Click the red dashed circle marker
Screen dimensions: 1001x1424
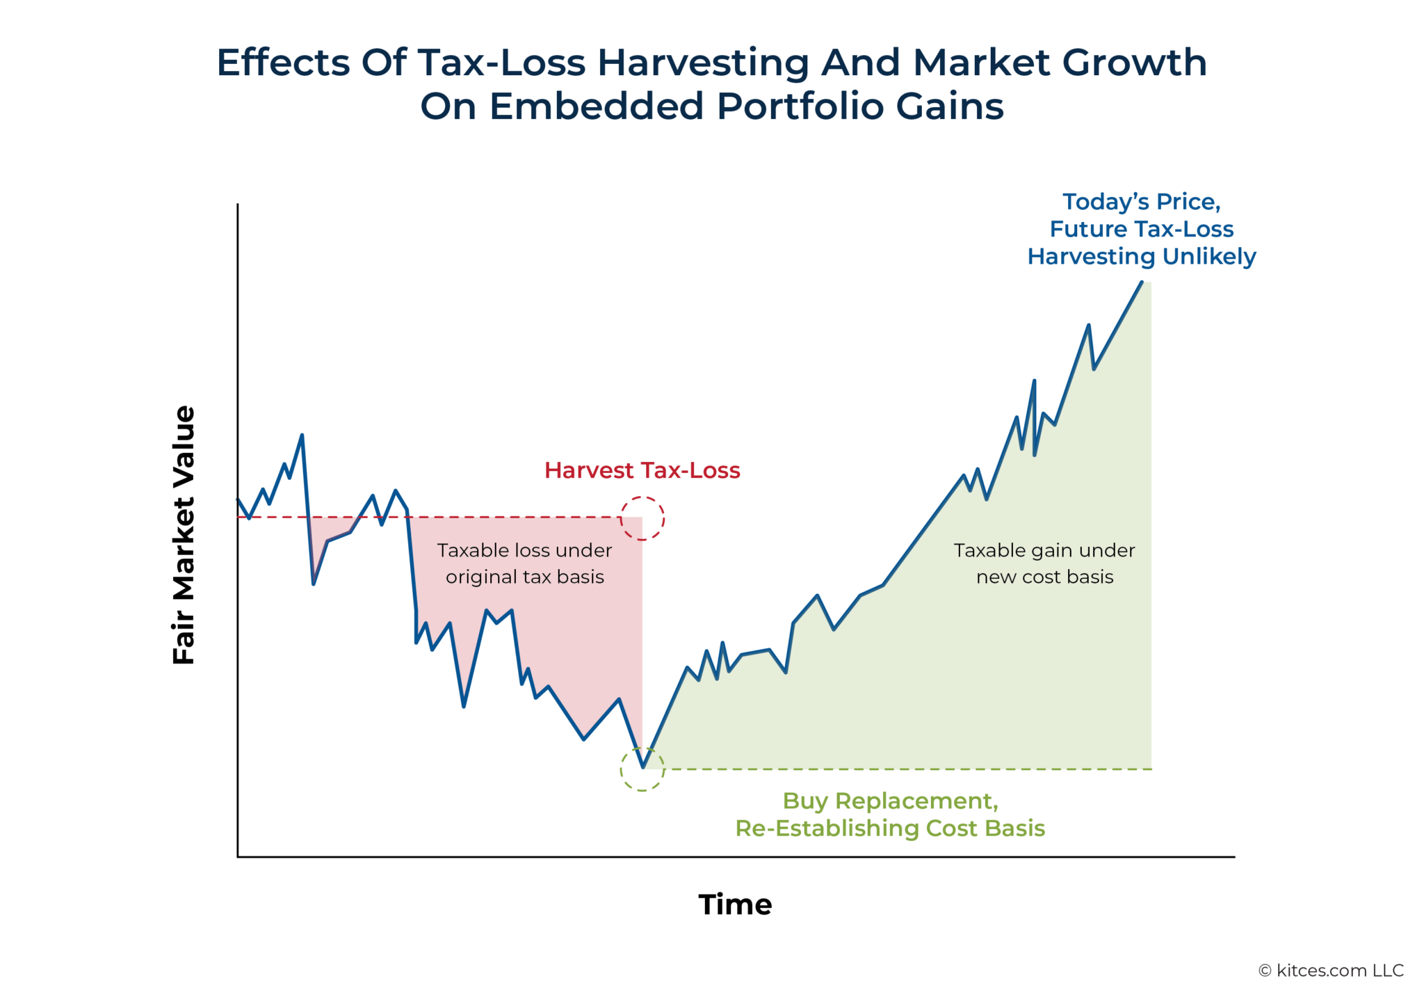[x=642, y=518]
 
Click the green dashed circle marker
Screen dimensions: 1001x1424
[x=642, y=769]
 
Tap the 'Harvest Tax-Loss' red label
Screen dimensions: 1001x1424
[x=642, y=471]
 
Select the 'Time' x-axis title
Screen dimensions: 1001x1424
[x=735, y=904]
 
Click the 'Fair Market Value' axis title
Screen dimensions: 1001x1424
[x=184, y=535]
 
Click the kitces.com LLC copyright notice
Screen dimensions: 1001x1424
[x=1331, y=970]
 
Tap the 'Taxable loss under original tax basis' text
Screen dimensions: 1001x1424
[x=524, y=563]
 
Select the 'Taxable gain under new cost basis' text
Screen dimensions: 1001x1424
[x=1044, y=563]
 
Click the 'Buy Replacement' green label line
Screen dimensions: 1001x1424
[x=890, y=801]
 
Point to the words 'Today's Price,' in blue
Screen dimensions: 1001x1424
[x=1141, y=202]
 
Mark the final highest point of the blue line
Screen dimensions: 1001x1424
[x=1141, y=282]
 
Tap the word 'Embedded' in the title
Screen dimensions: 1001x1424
[x=597, y=107]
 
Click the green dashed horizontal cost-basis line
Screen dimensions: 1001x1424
[x=904, y=769]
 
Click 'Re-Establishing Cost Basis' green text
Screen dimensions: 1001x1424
[x=890, y=828]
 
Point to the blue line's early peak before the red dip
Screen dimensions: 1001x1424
[x=302, y=435]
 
